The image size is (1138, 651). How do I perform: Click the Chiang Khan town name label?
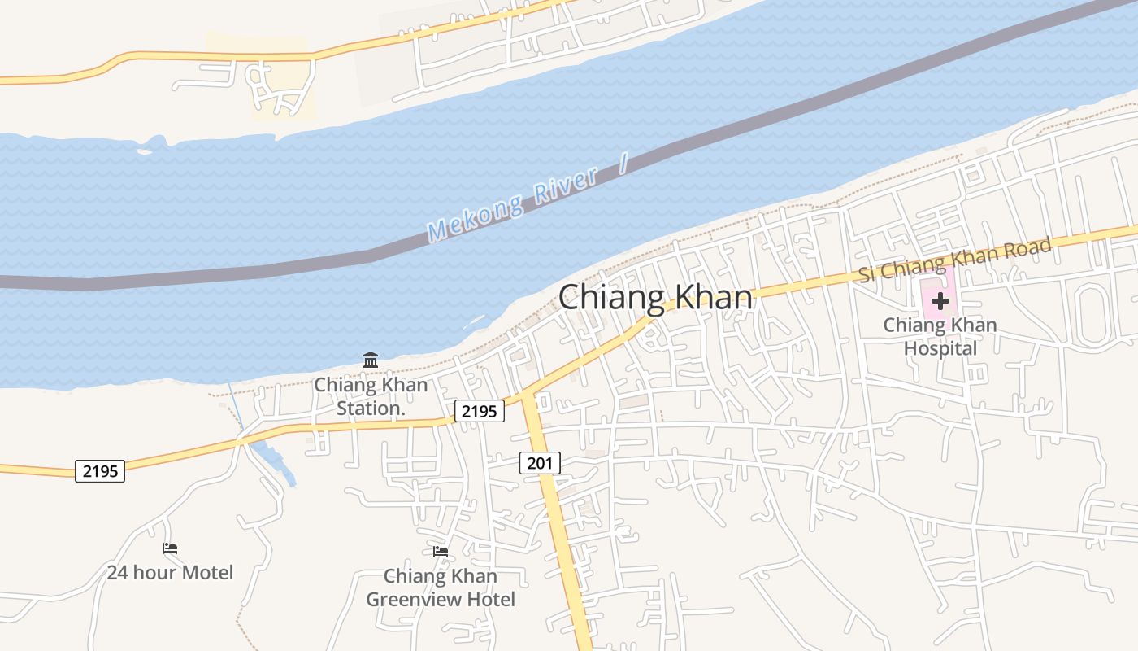655,297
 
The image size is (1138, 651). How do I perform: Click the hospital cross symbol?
940,301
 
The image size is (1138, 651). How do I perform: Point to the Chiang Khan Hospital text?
940,336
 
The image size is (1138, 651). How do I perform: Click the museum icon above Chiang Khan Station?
371,360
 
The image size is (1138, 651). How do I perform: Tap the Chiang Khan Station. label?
371,396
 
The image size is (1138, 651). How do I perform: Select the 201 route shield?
540,463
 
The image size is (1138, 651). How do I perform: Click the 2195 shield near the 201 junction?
478,411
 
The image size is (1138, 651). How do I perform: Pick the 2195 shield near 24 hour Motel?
100,470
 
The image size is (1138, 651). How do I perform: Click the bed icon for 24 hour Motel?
170,548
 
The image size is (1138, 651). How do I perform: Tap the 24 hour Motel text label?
170,572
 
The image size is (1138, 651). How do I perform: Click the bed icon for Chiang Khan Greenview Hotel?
441,551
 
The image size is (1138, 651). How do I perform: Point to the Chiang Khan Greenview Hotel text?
441,588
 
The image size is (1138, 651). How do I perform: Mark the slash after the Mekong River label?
623,164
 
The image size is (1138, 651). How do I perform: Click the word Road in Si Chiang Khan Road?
1027,247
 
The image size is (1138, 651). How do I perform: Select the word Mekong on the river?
476,216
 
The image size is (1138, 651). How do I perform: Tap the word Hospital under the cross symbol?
940,348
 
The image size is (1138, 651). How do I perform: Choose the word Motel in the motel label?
206,572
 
